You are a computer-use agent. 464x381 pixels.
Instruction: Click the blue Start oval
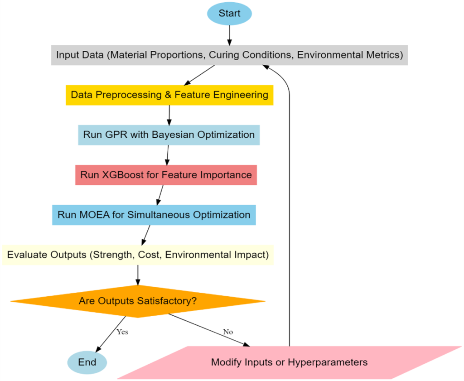pos(229,13)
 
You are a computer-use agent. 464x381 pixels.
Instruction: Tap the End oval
pos(87,362)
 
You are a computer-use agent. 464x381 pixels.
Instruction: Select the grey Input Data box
pos(229,55)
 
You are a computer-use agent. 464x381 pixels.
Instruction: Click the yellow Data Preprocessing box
pos(169,95)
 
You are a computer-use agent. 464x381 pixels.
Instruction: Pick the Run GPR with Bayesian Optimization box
pos(169,135)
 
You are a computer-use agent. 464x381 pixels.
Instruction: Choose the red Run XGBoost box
pos(166,175)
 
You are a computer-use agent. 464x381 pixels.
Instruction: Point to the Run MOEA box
pos(154,215)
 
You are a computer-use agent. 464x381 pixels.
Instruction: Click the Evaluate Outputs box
pos(138,255)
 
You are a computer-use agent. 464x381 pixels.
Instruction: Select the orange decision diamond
pos(138,301)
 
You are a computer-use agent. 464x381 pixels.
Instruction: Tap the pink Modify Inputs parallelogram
pos(289,362)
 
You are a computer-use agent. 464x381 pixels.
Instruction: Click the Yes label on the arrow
pos(122,332)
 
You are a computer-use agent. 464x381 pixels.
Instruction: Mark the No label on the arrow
pos(228,332)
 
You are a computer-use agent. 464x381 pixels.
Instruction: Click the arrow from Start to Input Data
pos(229,34)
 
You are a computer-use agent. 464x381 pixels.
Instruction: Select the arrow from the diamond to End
pos(110,333)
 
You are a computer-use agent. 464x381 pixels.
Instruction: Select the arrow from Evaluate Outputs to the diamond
pos(138,275)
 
